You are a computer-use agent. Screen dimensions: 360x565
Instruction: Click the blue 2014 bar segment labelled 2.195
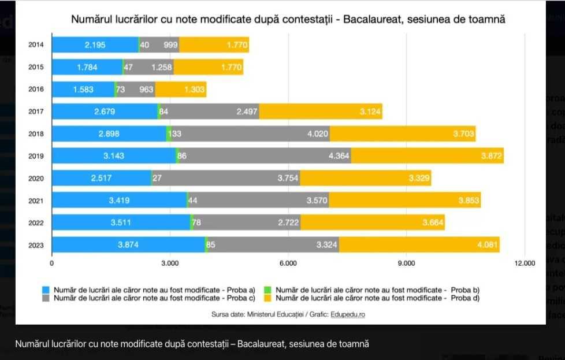pos(95,45)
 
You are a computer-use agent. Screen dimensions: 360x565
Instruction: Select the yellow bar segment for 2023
pos(419,244)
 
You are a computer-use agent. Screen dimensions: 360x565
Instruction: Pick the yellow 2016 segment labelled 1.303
pos(181,90)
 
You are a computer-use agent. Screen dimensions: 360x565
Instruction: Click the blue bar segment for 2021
pos(119,201)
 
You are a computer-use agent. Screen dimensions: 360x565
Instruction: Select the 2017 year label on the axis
pos(36,112)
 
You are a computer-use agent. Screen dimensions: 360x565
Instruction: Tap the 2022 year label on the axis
pos(36,222)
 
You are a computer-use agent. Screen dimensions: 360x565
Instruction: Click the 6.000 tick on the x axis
pos(288,263)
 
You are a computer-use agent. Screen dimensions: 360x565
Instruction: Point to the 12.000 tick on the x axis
pos(524,263)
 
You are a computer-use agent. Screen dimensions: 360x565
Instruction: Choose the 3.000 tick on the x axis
pos(170,263)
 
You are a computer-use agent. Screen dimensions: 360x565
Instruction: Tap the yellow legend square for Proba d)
pos(267,298)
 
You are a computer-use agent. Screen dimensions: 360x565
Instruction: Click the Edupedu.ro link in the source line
pos(348,314)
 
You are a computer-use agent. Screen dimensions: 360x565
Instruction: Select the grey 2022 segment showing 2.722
pos(246,222)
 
